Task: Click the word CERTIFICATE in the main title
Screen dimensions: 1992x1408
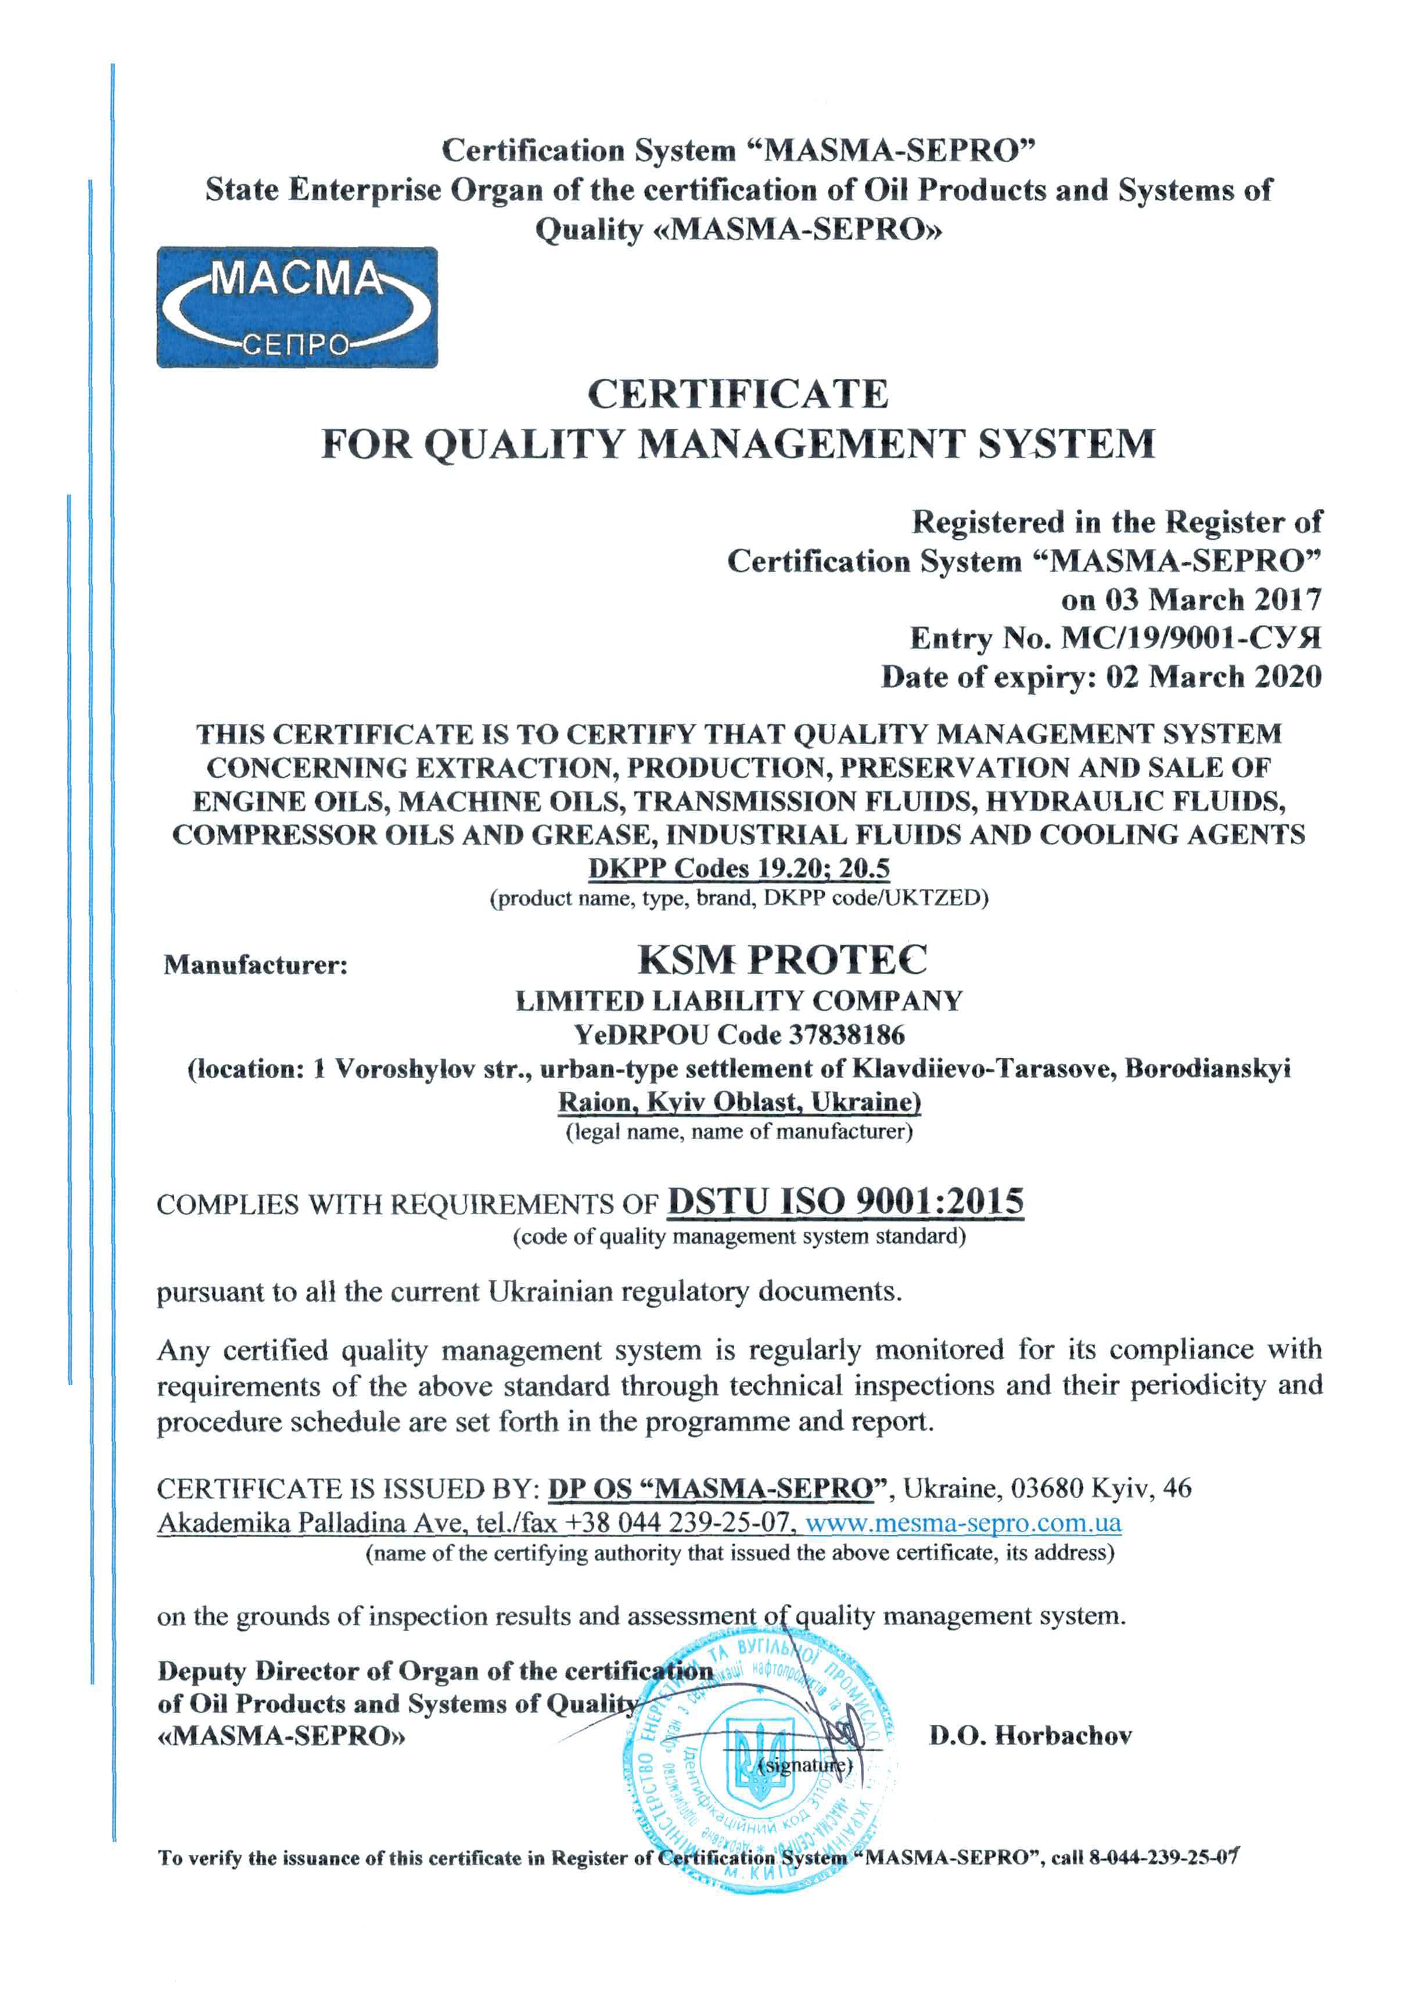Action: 738,395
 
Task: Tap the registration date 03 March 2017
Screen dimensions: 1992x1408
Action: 1213,600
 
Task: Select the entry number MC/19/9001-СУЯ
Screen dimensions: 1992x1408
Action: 1191,638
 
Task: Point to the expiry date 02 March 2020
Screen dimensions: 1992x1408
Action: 1213,677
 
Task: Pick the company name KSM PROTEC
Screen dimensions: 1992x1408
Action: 782,960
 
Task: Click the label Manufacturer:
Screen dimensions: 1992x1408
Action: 255,965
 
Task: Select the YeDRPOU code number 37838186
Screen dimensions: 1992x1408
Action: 847,1035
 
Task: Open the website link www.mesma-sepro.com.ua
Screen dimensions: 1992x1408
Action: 963,1523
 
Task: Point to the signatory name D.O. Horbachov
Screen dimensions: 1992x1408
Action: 1030,1736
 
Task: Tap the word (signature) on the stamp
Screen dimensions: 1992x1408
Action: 805,1765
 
